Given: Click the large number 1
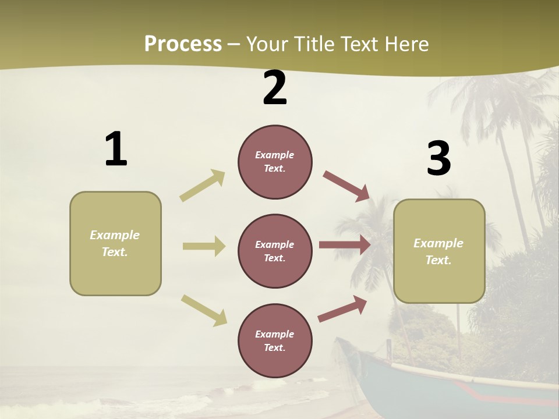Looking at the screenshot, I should (116, 150).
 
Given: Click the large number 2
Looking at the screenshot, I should (275, 88).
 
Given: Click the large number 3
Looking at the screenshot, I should (438, 159).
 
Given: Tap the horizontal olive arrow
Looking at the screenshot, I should (204, 246).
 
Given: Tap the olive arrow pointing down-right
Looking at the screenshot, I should (204, 310).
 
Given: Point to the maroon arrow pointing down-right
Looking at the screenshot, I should (346, 186).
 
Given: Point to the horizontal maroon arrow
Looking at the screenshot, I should (345, 245).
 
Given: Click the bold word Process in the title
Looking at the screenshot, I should (183, 44).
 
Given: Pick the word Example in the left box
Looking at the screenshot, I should (115, 235).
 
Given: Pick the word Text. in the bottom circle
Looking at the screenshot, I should (274, 347).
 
